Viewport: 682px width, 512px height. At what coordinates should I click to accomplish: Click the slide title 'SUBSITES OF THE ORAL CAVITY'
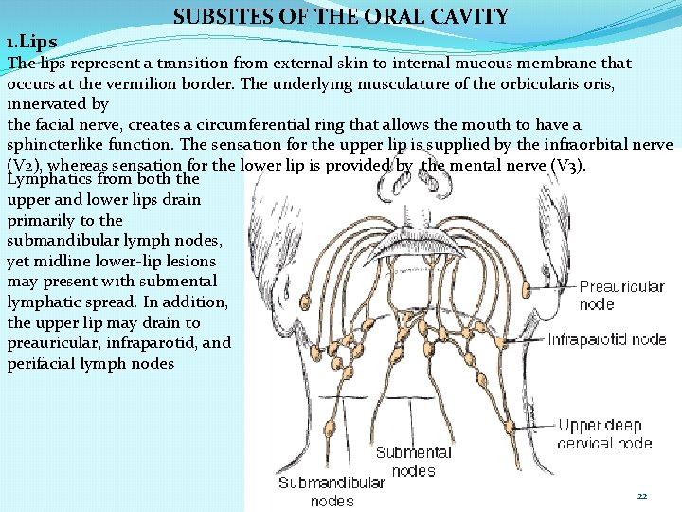coord(341,16)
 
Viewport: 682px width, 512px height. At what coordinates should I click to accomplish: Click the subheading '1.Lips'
coord(31,43)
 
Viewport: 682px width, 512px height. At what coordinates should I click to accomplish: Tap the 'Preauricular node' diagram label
coord(620,295)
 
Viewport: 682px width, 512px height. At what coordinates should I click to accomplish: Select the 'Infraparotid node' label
coord(607,339)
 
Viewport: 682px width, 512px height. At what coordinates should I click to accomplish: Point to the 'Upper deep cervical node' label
coord(605,433)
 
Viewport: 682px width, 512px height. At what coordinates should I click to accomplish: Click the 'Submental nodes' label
coord(413,461)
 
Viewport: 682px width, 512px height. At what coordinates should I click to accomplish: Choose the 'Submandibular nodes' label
coord(332,491)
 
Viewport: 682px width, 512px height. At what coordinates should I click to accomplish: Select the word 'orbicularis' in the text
coord(515,83)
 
